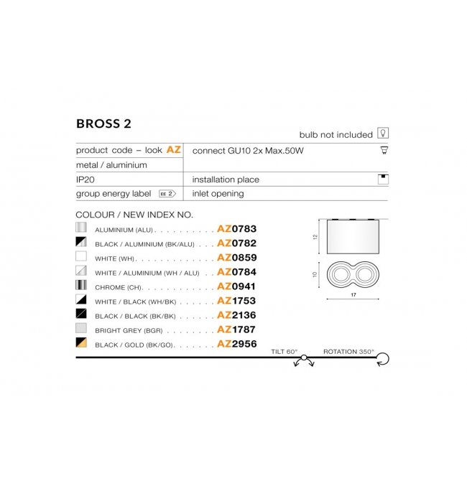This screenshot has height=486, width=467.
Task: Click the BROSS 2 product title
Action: click(x=103, y=123)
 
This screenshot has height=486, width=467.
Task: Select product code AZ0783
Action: click(x=237, y=229)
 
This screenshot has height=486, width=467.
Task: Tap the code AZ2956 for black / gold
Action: click(x=237, y=344)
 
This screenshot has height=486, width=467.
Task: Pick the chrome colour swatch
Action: click(x=81, y=285)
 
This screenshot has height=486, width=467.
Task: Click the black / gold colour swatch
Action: click(x=81, y=342)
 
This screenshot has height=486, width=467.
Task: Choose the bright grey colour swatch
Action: click(x=81, y=328)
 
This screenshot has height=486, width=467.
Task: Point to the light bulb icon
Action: click(x=383, y=133)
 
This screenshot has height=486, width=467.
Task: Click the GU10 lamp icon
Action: click(x=384, y=150)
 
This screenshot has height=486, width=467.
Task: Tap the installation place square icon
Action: click(x=383, y=179)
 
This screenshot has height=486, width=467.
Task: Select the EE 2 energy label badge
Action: click(x=167, y=194)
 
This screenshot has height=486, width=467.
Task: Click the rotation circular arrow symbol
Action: click(x=383, y=359)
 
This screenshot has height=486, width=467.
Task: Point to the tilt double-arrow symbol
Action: click(x=304, y=361)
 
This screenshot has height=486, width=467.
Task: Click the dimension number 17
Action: click(x=353, y=295)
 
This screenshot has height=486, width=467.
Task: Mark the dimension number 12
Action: click(x=315, y=237)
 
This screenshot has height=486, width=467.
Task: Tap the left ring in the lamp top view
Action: click(x=340, y=275)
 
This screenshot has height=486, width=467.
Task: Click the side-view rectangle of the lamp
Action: click(x=353, y=236)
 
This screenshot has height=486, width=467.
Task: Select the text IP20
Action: click(x=85, y=179)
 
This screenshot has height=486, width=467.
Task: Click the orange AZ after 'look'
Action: click(x=173, y=150)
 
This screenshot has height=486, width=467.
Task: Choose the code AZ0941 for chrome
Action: click(x=236, y=286)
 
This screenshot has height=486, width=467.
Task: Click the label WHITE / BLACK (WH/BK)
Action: click(x=136, y=302)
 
